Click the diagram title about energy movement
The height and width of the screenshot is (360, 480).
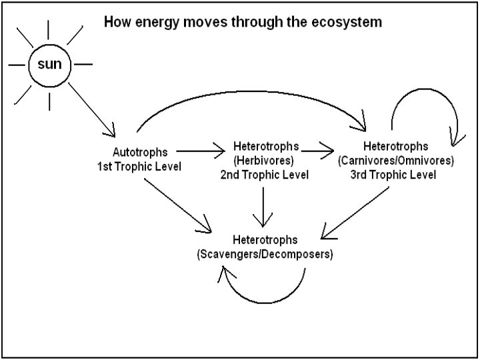click(x=243, y=22)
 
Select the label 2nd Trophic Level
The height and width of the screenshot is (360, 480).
click(x=266, y=175)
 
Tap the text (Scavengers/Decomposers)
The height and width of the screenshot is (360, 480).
click(x=265, y=254)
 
